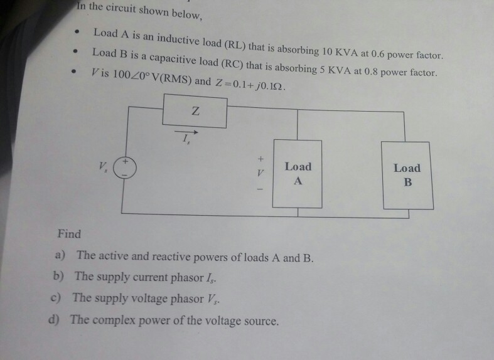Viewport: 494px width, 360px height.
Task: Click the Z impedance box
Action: (195, 112)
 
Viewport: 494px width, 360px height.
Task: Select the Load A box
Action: (298, 174)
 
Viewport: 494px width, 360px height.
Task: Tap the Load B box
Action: (407, 175)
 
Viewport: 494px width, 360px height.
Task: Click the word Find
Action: (69, 234)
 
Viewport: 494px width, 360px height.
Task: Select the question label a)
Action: (63, 255)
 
